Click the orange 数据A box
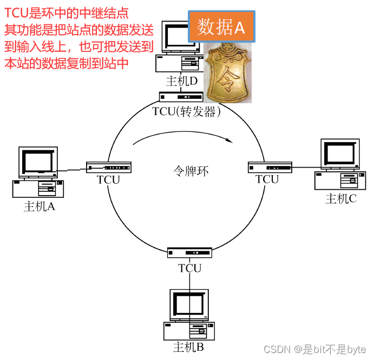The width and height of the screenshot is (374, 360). (x=221, y=27)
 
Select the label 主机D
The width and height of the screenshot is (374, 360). (x=182, y=81)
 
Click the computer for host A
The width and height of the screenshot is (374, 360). (x=37, y=172)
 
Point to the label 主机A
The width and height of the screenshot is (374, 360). (x=40, y=206)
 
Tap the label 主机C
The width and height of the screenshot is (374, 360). (x=340, y=199)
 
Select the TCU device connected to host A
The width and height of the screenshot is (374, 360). (x=108, y=167)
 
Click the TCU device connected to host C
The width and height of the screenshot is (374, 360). (x=270, y=167)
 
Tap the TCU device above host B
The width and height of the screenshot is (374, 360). (x=189, y=252)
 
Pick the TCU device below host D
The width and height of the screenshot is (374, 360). (x=181, y=97)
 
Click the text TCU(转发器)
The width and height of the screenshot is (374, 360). (x=187, y=111)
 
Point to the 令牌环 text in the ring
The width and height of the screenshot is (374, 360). (x=190, y=171)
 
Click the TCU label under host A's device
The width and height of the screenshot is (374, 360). (x=108, y=180)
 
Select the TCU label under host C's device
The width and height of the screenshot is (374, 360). (x=267, y=179)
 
